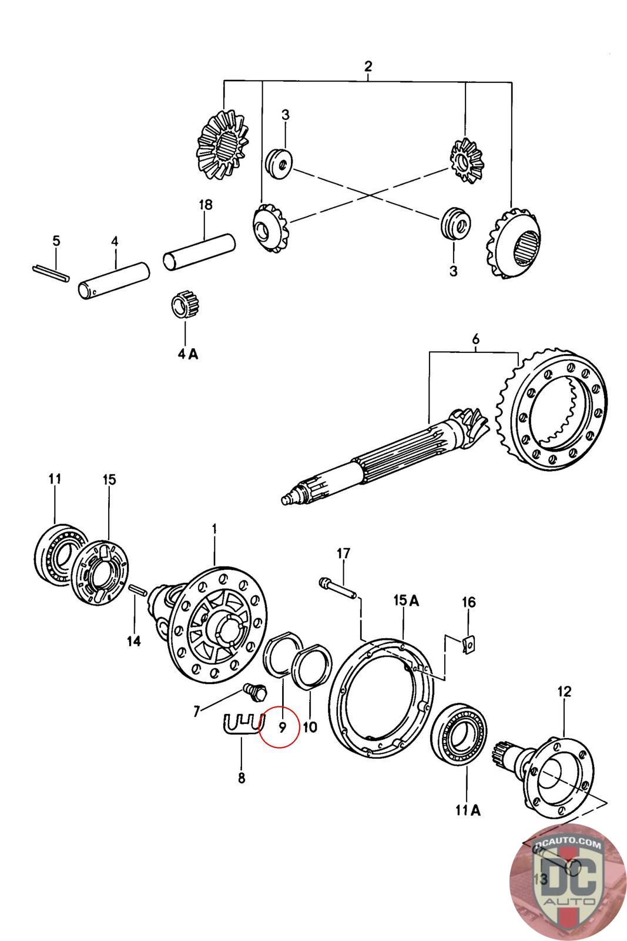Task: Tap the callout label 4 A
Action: (187, 354)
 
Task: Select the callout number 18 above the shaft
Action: (205, 205)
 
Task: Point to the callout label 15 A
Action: (406, 600)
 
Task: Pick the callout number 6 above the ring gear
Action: (475, 339)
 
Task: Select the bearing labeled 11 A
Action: (459, 734)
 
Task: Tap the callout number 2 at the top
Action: (368, 66)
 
